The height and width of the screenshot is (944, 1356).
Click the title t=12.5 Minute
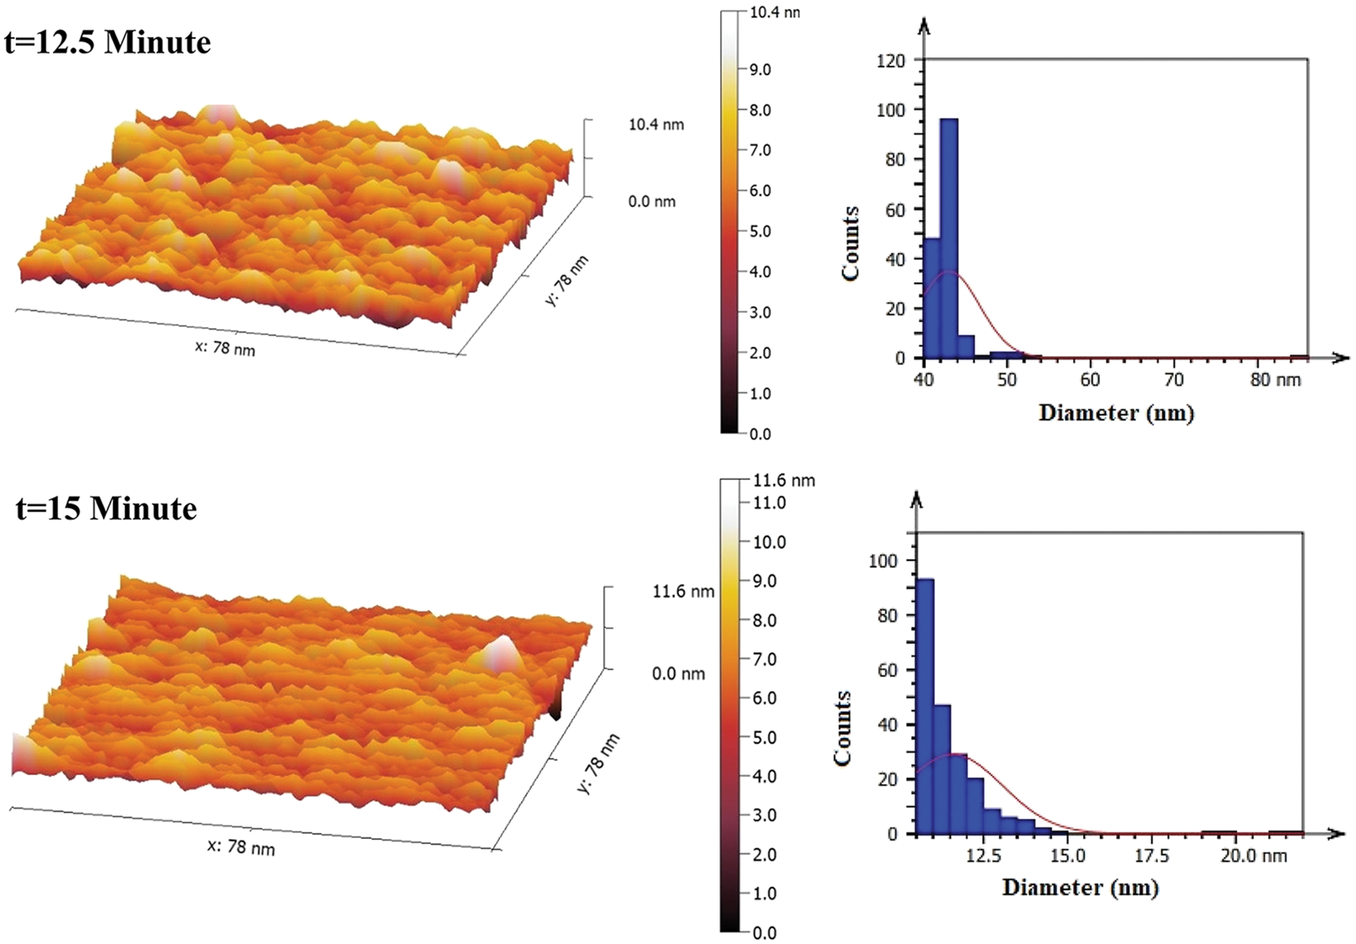click(x=108, y=42)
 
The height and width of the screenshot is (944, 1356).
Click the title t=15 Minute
click(x=106, y=508)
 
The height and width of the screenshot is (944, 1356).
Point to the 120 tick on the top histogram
click(x=890, y=61)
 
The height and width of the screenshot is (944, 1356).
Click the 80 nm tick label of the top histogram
click(x=1276, y=380)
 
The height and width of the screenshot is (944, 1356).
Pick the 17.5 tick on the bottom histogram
click(x=1152, y=856)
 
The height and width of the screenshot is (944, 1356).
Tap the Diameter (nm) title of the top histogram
click(x=1116, y=412)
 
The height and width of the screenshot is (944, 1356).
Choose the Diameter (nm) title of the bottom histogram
click(x=1081, y=887)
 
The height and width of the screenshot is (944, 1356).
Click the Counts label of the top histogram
click(x=851, y=244)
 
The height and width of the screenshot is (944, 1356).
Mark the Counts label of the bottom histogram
click(x=843, y=728)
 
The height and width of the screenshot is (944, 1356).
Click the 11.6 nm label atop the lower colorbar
click(x=783, y=481)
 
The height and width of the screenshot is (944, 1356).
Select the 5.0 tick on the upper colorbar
click(x=759, y=231)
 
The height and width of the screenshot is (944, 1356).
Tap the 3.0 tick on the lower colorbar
click(x=764, y=815)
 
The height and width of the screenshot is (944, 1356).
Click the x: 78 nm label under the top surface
click(x=224, y=348)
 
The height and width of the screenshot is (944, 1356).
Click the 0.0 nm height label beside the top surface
click(x=651, y=202)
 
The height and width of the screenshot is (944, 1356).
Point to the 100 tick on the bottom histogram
click(x=883, y=561)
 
